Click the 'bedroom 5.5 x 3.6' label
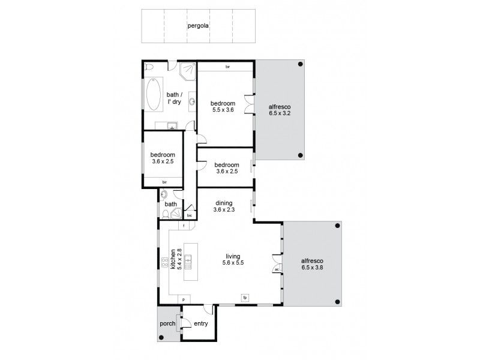[223, 106]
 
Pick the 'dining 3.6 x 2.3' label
[225, 207]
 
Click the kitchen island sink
[188, 260]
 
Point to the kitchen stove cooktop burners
[164, 262]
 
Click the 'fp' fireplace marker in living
[244, 298]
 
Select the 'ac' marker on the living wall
[277, 269]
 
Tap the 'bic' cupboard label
[190, 215]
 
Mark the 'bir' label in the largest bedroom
[227, 67]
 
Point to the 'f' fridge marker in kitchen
[185, 226]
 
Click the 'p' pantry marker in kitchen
[184, 298]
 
